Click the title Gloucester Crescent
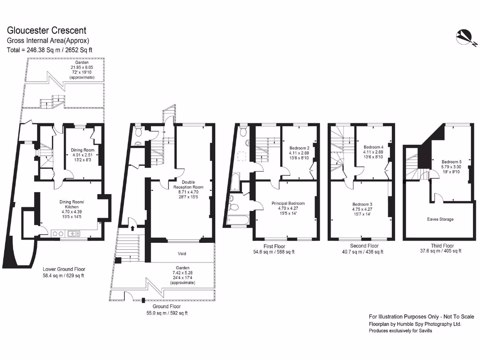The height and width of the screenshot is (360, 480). pos(46,30)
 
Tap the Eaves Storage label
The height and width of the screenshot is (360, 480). pos(440,219)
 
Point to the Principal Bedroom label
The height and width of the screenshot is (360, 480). pos(288,203)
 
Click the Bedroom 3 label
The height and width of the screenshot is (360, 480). pos(362,204)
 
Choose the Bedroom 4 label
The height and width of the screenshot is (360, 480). pos(373,147)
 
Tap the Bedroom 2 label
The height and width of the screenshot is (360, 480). pos(299,147)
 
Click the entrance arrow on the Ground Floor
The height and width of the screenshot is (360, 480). pos(133,228)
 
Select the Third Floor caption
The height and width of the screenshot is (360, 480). pos(442,246)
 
